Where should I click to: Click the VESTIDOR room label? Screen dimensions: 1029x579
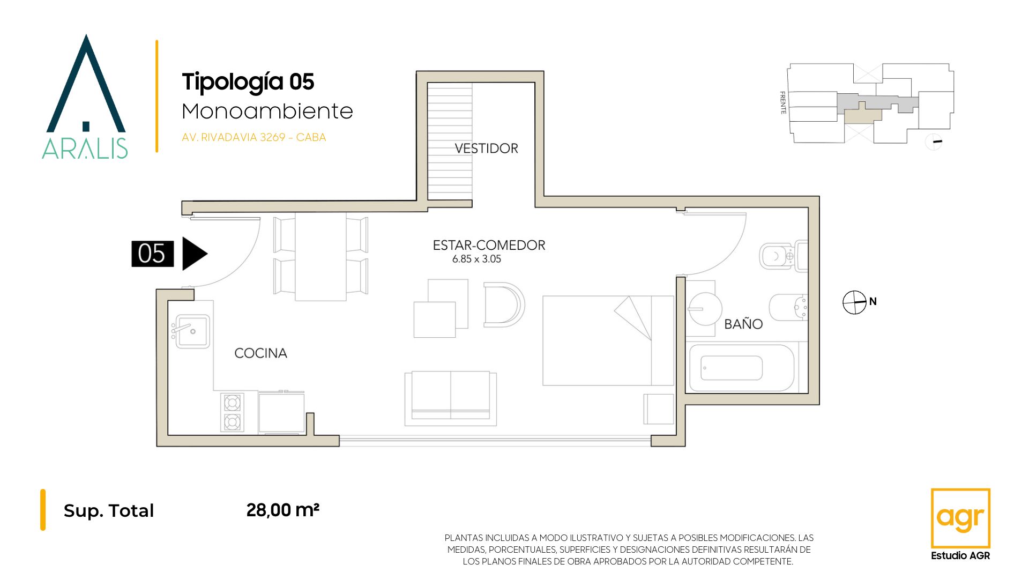click(x=486, y=149)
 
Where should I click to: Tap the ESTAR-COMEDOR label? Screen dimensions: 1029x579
click(x=489, y=245)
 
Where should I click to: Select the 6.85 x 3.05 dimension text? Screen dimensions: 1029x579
click(x=476, y=259)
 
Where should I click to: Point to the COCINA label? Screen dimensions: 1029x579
click(x=260, y=353)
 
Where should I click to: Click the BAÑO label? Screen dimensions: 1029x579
click(x=743, y=324)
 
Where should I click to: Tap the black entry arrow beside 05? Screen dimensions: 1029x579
click(x=195, y=254)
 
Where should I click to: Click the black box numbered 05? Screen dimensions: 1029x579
click(x=153, y=254)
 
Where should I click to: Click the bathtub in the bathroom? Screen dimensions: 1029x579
click(x=741, y=368)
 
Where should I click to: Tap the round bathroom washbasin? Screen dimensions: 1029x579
click(x=705, y=308)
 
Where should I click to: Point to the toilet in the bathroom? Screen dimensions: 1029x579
click(x=783, y=256)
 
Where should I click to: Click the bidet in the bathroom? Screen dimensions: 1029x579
click(x=788, y=307)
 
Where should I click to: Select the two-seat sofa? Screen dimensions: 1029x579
click(x=451, y=398)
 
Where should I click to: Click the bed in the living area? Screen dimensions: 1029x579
click(x=608, y=340)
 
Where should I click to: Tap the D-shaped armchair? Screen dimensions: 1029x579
click(x=504, y=305)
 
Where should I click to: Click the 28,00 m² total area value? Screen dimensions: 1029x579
click(x=283, y=510)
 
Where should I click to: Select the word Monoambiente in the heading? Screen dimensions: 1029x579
click(x=267, y=112)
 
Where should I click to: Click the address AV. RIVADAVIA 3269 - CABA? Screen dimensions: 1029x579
click(x=254, y=137)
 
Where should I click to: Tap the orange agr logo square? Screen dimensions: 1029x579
click(x=960, y=518)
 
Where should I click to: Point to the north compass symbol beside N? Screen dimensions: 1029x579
click(x=854, y=302)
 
